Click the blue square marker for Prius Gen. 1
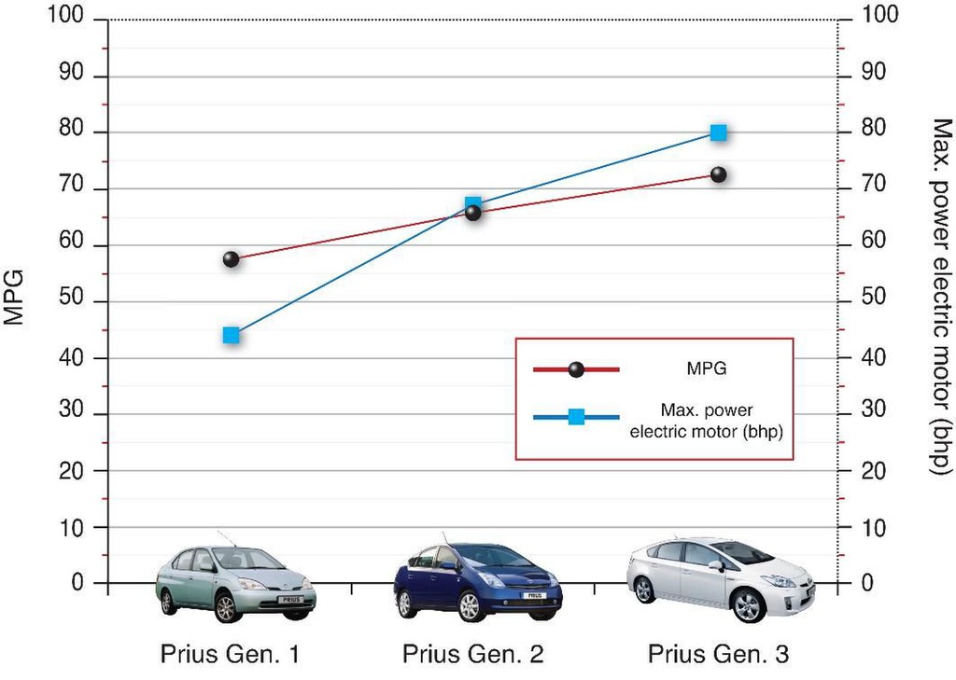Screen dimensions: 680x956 point(232,336)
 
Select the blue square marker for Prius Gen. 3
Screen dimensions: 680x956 point(718,132)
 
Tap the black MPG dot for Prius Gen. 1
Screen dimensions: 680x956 point(232,259)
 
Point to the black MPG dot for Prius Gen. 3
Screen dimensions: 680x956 point(718,174)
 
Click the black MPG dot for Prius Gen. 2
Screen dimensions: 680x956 point(473,213)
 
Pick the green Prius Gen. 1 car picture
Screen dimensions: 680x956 point(235,584)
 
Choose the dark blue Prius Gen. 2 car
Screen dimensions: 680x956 point(477,583)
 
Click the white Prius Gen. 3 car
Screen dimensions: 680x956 point(720,578)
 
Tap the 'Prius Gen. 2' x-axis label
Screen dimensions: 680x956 point(472,654)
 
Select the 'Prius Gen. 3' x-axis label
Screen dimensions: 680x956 point(718,654)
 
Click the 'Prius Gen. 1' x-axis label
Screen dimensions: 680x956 point(231,654)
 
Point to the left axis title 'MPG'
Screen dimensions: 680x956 point(14,297)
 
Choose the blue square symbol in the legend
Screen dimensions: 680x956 point(576,417)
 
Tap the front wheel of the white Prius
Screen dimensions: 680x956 point(747,604)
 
